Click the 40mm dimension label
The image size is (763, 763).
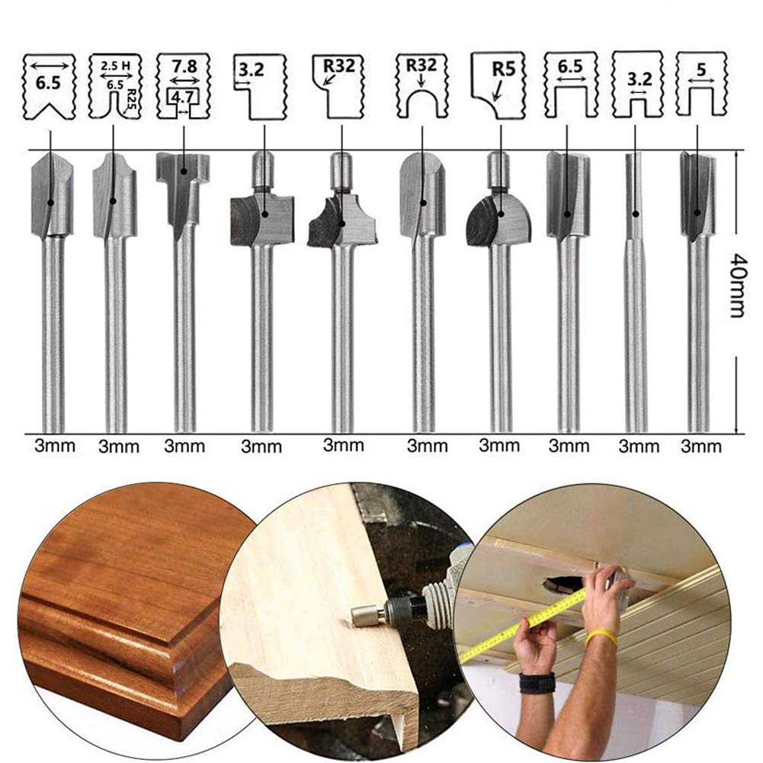click(x=736, y=292)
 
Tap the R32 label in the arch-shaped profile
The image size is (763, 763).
click(x=421, y=66)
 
